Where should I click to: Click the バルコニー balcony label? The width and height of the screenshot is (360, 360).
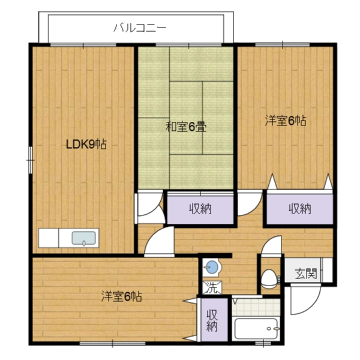[139, 27]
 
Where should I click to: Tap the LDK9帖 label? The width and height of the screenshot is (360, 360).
[86, 144]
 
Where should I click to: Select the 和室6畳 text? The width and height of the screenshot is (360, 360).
[186, 127]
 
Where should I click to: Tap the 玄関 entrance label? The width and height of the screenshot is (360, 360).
[305, 274]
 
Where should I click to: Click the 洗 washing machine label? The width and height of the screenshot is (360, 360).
[211, 287]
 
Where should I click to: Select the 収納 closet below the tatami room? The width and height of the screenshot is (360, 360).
[200, 209]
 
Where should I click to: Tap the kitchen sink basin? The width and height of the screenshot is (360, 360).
[84, 238]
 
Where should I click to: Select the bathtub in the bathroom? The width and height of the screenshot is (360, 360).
[256, 329]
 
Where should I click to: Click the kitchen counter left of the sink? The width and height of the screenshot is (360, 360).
[54, 238]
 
